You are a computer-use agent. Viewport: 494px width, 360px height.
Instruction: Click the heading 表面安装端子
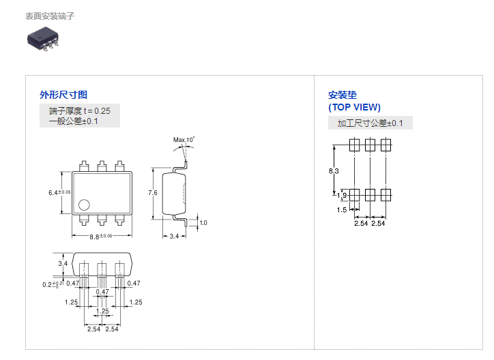click(50, 16)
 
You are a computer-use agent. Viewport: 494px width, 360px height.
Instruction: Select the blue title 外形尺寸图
click(63, 95)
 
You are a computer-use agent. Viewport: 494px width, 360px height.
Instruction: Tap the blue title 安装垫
click(343, 95)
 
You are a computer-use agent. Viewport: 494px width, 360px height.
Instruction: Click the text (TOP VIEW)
click(355, 107)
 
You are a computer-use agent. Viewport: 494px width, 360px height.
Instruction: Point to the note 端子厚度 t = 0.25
click(79, 110)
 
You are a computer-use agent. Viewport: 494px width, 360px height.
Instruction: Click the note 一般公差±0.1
click(74, 121)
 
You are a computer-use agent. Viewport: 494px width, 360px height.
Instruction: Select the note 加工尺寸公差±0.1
click(370, 123)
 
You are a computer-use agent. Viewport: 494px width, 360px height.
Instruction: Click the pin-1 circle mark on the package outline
click(84, 204)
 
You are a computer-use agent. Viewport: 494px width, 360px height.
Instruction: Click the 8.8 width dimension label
click(96, 236)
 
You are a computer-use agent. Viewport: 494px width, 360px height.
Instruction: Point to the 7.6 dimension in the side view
click(154, 193)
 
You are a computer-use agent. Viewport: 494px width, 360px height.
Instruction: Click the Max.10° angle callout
click(184, 140)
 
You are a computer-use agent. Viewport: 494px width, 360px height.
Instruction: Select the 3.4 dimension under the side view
click(173, 236)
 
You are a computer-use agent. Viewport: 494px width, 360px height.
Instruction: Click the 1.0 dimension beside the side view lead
click(203, 222)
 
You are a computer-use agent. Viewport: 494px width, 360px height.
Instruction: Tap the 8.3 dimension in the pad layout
click(334, 170)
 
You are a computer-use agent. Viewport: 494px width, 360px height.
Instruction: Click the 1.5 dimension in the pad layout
click(343, 210)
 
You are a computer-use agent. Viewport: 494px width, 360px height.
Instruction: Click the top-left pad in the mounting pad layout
click(355, 145)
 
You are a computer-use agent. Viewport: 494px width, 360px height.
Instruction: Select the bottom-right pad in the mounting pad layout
click(386, 195)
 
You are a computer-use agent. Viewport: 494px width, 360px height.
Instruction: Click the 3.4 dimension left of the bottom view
click(63, 263)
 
